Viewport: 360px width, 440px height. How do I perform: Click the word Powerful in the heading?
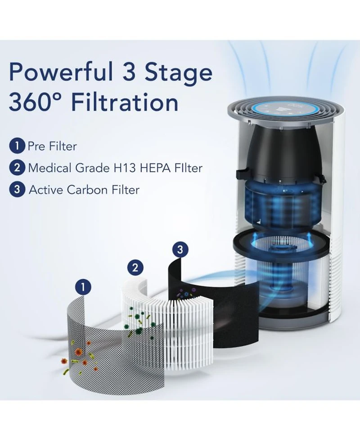61,73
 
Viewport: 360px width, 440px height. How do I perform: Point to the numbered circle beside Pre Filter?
17,146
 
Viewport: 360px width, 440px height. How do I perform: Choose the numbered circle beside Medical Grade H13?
17,168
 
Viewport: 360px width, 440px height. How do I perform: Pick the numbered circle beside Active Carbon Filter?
17,190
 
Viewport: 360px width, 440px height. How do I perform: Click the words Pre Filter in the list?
52,146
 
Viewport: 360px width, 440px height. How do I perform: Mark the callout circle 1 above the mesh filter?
83,287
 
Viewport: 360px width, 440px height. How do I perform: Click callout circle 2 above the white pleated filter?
135,268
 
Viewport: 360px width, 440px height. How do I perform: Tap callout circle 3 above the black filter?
180,249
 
